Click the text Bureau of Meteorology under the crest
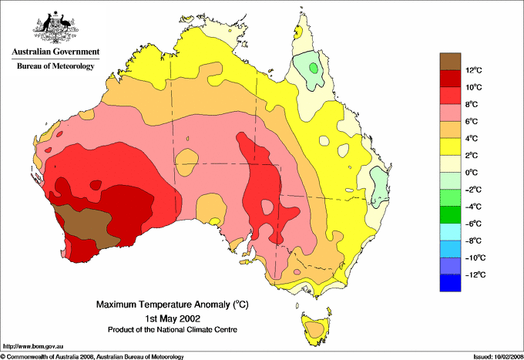[55, 66]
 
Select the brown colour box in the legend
[450, 62]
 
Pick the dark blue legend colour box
[450, 283]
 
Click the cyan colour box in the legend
[450, 232]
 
